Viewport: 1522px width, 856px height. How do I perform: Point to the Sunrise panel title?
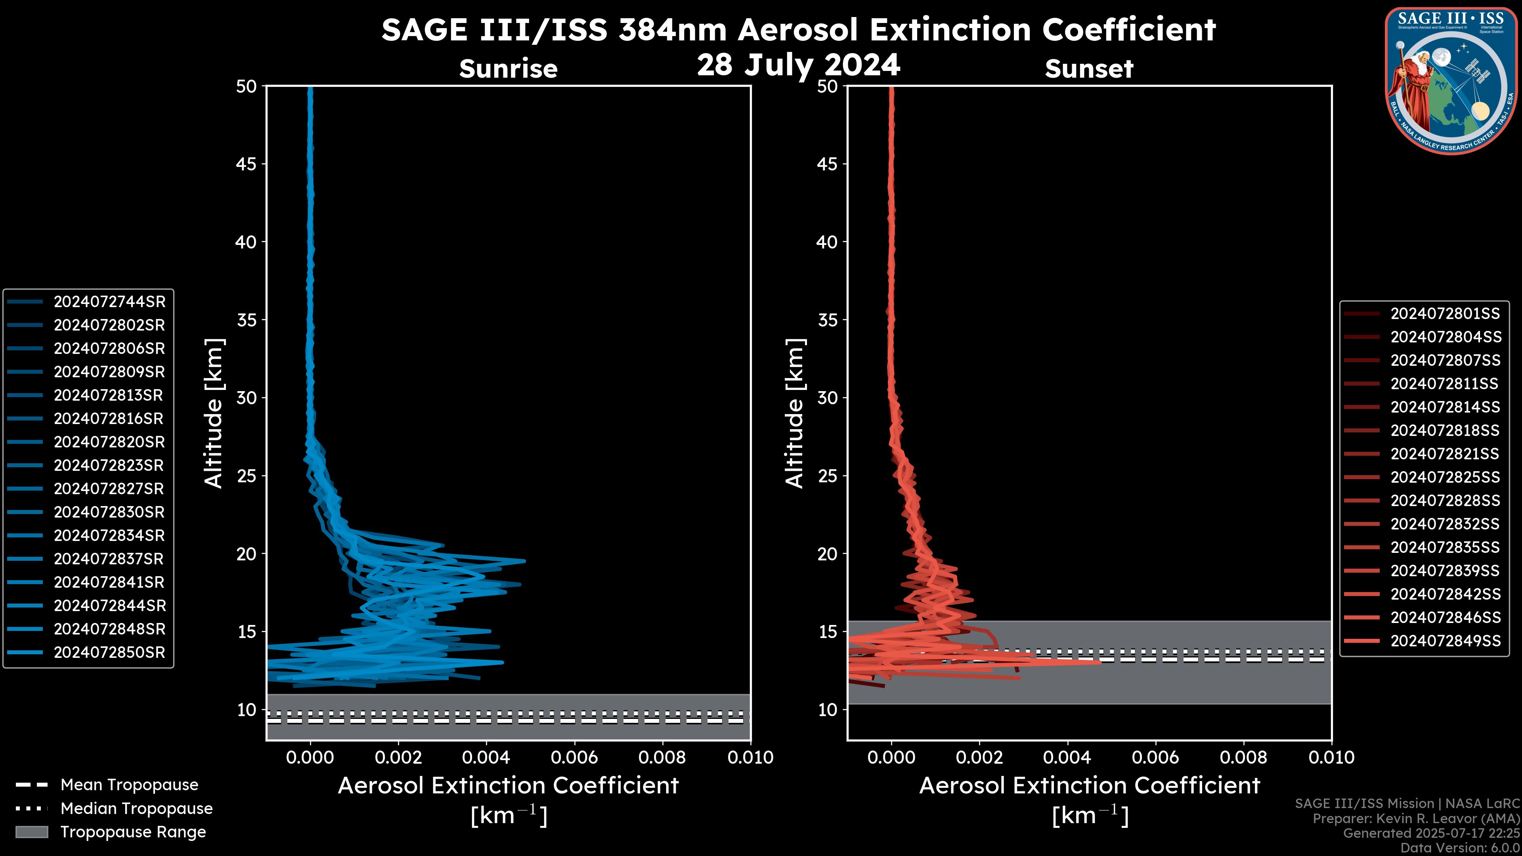point(508,69)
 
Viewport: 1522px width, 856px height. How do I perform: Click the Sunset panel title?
point(1089,69)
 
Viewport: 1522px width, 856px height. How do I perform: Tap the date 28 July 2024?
point(799,64)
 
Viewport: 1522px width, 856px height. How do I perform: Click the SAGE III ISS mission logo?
point(1451,80)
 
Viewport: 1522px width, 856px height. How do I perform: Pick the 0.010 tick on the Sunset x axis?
point(1331,757)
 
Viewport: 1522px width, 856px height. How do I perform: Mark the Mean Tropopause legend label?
point(129,785)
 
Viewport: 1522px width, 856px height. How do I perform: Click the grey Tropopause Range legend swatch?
point(32,832)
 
